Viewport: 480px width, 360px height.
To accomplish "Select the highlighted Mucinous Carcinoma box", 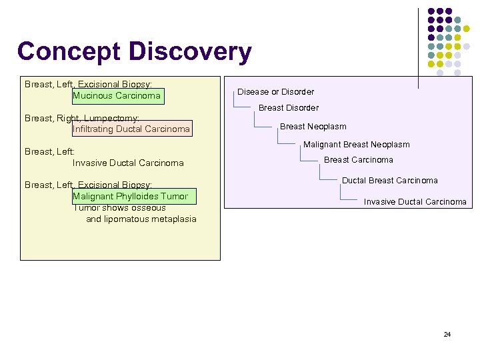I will pos(117,96).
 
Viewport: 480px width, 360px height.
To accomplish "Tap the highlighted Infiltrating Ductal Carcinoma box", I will pos(131,129).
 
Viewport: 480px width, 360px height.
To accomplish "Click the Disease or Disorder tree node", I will pos(275,92).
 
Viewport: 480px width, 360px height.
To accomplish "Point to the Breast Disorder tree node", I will pos(288,108).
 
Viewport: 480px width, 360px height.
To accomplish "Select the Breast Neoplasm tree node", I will pos(313,127).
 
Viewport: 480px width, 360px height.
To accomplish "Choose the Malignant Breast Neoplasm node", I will pos(356,145).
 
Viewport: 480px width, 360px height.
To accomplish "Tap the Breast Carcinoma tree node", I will pos(358,160).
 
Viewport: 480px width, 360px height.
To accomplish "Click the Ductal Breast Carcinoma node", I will pos(389,181).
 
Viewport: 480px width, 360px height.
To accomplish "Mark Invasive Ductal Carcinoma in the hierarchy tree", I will pos(415,202).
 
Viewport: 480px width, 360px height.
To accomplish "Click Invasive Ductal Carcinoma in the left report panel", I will pos(128,163).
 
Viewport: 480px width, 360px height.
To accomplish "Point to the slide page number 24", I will pos(447,334).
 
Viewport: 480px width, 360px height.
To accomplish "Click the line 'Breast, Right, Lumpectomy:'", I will pos(81,118).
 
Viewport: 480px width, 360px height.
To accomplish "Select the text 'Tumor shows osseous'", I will pos(119,208).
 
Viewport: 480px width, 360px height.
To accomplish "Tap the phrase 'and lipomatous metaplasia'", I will pos(141,219).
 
